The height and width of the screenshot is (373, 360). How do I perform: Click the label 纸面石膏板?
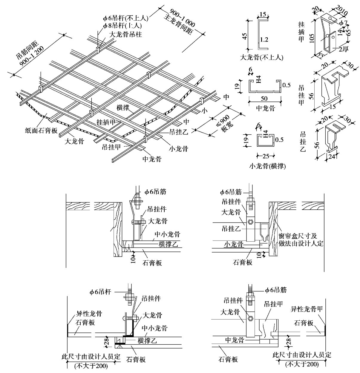pyautogui.click(x=41, y=131)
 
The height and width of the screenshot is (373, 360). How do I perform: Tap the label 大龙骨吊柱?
pyautogui.click(x=126, y=34)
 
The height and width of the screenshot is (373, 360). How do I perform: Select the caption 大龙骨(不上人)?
pyautogui.click(x=262, y=57)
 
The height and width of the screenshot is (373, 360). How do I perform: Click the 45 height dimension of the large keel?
pyautogui.click(x=244, y=36)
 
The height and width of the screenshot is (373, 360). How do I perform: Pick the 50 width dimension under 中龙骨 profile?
pyautogui.click(x=264, y=98)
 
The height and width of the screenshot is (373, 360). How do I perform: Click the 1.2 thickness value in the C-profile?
pyautogui.click(x=264, y=39)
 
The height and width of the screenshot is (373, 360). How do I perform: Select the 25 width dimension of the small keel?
pyautogui.click(x=265, y=156)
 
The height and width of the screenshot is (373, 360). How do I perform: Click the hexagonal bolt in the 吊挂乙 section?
pyautogui.click(x=250, y=222)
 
